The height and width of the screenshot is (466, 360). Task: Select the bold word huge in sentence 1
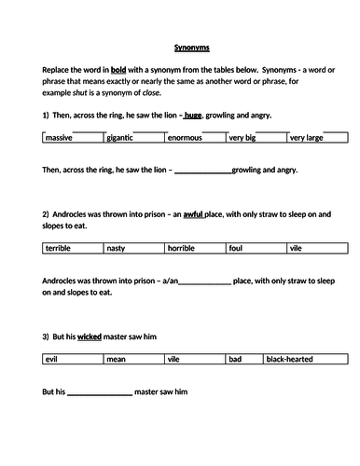[x=193, y=116]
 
